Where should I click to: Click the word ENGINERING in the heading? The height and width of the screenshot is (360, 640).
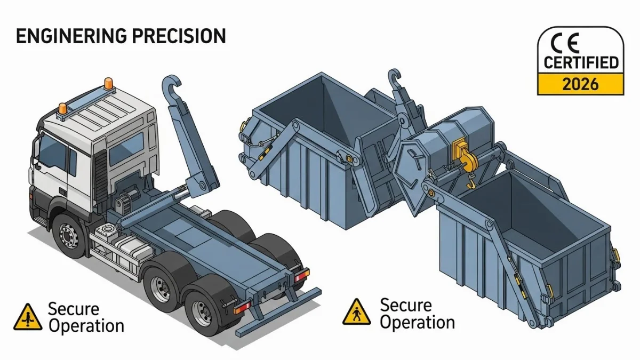pyautogui.click(x=71, y=36)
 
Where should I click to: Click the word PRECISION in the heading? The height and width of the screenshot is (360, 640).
pyautogui.click(x=179, y=36)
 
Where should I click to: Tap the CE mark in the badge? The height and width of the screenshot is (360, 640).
pyautogui.click(x=565, y=43)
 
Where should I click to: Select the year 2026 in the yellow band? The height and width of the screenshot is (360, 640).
pyautogui.click(x=580, y=84)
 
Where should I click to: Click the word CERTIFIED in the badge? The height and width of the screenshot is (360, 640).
pyautogui.click(x=581, y=62)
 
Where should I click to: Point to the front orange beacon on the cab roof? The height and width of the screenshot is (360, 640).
pyautogui.click(x=63, y=109)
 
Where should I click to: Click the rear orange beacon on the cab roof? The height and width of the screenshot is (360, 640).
pyautogui.click(x=108, y=83)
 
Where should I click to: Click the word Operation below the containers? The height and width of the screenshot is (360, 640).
pyautogui.click(x=417, y=322)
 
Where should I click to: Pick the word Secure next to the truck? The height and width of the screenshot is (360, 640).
pyautogui.click(x=74, y=309)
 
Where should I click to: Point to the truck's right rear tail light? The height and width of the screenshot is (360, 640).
pyautogui.click(x=302, y=275)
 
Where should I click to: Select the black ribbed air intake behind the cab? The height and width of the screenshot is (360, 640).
pyautogui.click(x=101, y=174)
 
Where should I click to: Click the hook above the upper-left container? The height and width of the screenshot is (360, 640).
pyautogui.click(x=395, y=77)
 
